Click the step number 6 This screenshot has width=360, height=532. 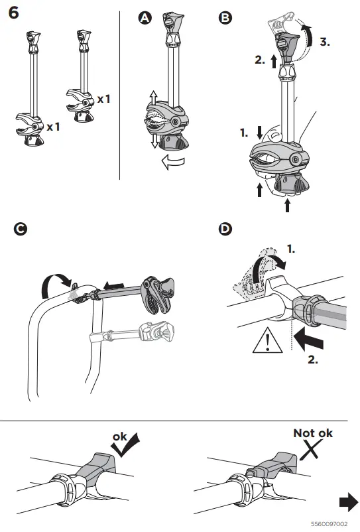pos(13,13)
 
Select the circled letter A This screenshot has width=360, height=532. pos(145,18)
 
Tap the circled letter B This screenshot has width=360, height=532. pos(225,18)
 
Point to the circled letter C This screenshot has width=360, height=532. pos(21,229)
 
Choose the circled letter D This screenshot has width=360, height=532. pos(225,229)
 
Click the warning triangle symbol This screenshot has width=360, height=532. pos(267,340)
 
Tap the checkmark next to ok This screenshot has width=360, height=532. pos(126,445)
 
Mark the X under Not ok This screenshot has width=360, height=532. pos(311,450)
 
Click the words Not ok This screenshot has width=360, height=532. pos(313,433)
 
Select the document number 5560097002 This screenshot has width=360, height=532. pos(329,524)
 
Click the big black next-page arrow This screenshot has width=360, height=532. pos(349,503)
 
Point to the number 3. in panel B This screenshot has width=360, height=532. pos(325,42)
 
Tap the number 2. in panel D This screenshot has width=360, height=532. pos(313,360)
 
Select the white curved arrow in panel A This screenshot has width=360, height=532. pos(173,162)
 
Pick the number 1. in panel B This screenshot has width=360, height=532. pos(244,133)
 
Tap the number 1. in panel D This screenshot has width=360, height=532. pos(291,249)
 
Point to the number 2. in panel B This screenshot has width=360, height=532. pos(260,60)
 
